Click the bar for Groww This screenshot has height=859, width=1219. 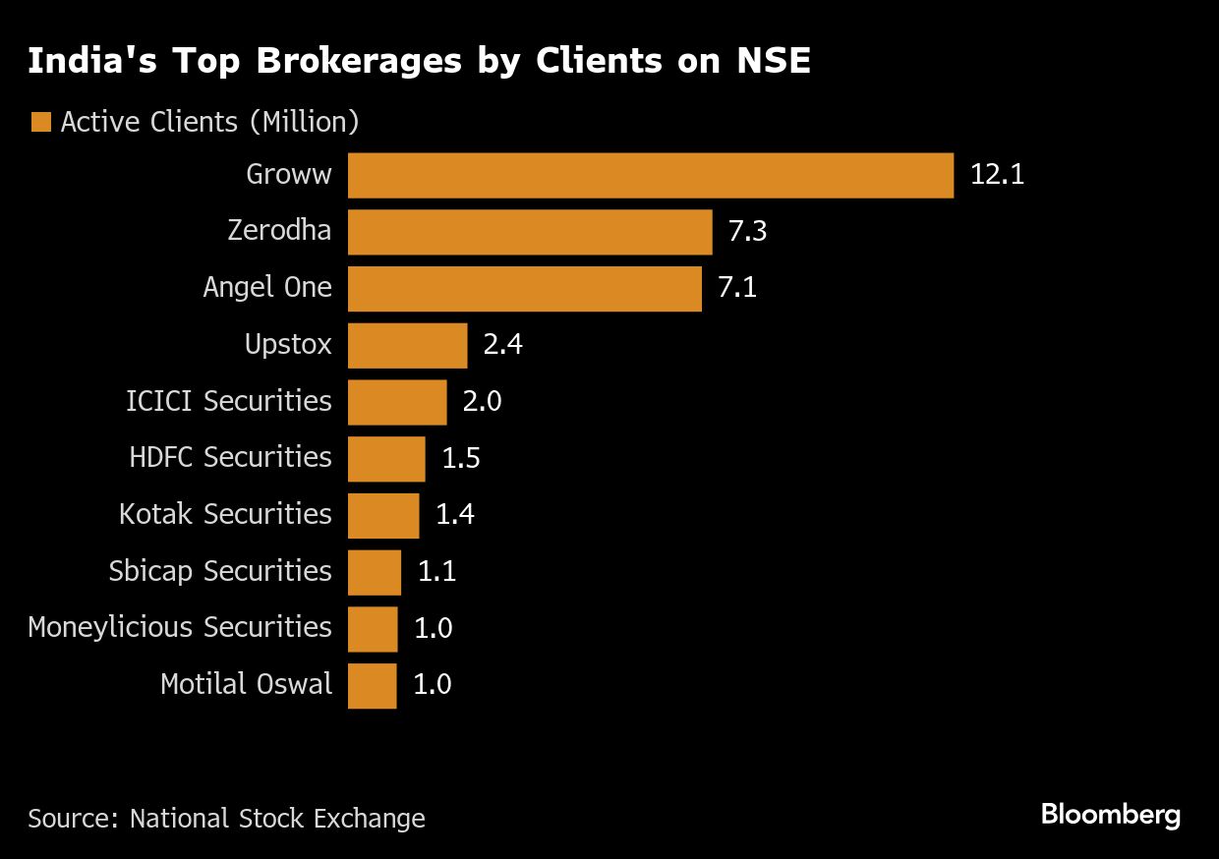point(651,176)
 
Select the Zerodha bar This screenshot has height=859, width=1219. point(530,232)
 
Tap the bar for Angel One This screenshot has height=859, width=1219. point(525,289)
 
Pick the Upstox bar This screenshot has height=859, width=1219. point(407,346)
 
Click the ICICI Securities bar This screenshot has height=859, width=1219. point(397,402)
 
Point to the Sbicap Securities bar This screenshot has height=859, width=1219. point(375,572)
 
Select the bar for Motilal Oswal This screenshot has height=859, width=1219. point(373,685)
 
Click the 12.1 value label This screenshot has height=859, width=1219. point(997,176)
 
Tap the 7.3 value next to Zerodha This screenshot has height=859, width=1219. point(747,232)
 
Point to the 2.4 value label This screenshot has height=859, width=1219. point(502,346)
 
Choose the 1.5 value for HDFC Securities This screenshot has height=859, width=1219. point(461,459)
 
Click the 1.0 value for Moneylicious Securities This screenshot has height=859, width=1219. point(433,629)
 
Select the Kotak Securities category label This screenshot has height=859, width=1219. point(225,515)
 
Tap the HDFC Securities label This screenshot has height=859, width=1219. point(230,459)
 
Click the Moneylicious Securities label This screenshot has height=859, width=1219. point(180,628)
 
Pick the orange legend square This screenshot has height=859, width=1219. point(40,123)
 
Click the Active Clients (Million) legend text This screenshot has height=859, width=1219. point(209,123)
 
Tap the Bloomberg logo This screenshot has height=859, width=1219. point(1110,815)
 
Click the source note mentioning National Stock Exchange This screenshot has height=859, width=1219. point(226,819)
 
